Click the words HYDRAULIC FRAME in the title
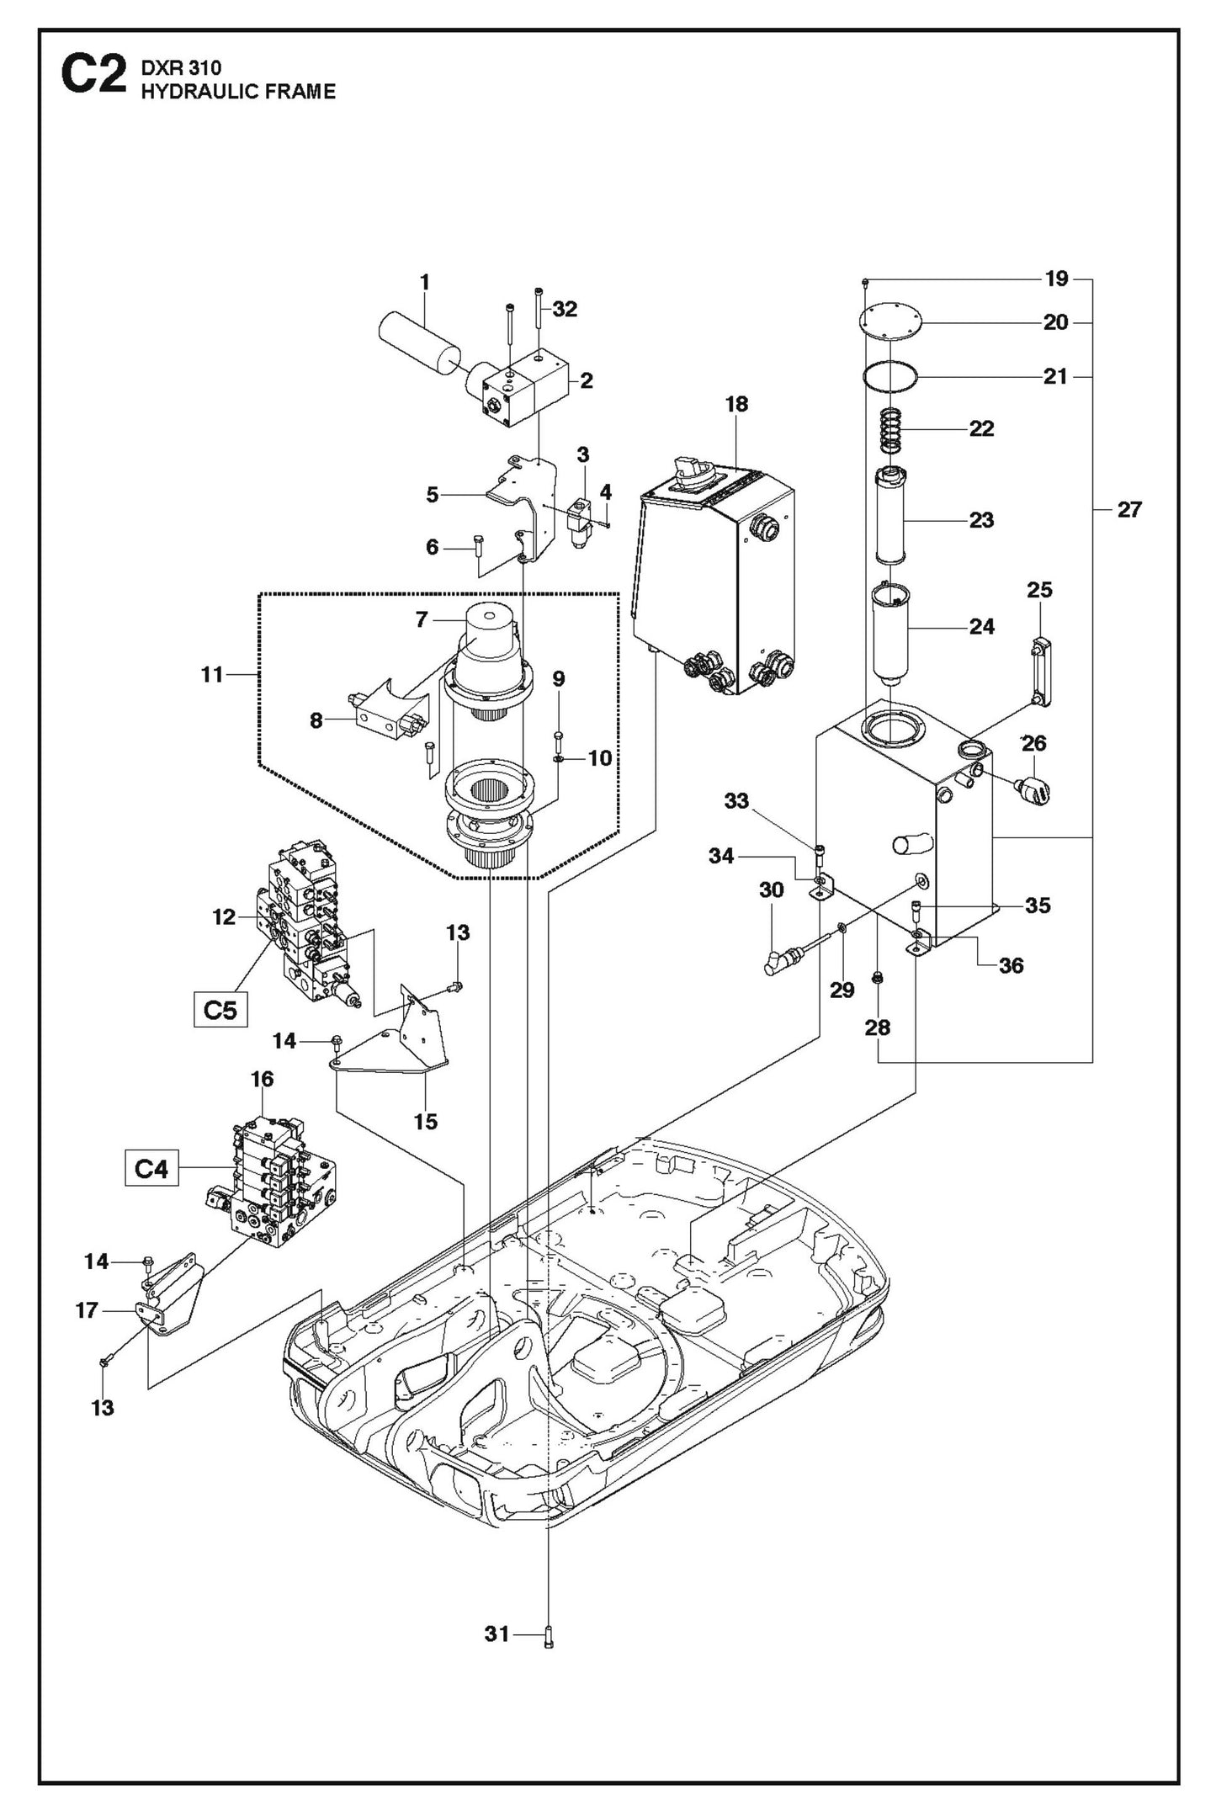(238, 92)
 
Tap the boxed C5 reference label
(220, 1009)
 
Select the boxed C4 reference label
(151, 1168)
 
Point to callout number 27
(1128, 509)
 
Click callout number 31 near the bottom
(496, 1633)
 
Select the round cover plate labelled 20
(890, 321)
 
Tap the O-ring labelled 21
(890, 375)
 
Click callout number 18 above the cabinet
(736, 404)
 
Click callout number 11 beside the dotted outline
(212, 674)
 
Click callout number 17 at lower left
(88, 1310)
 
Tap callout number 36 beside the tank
(1011, 965)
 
